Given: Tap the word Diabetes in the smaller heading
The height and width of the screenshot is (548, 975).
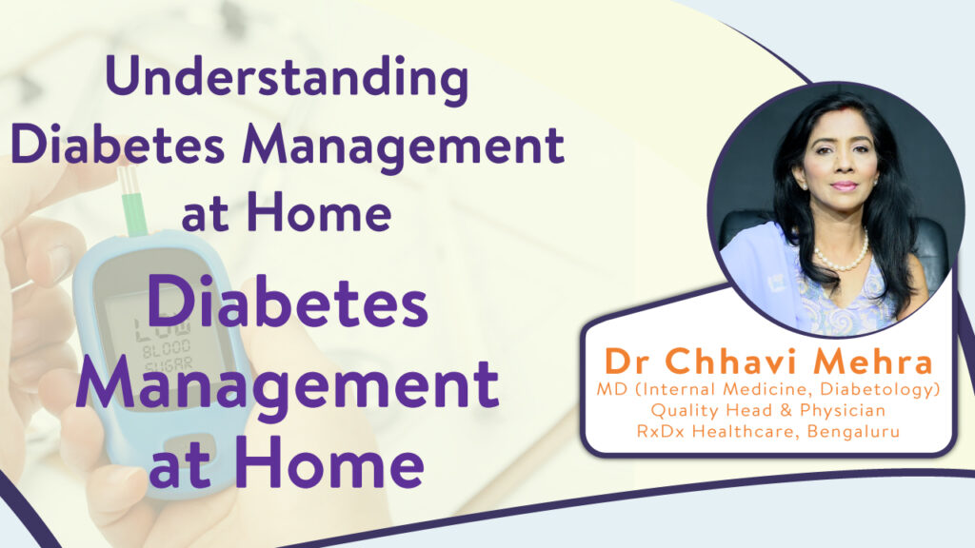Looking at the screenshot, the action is click(118, 146).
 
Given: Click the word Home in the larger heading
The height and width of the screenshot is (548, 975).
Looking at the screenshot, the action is click(328, 464).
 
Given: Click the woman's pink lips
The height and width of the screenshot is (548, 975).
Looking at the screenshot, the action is click(844, 186).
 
